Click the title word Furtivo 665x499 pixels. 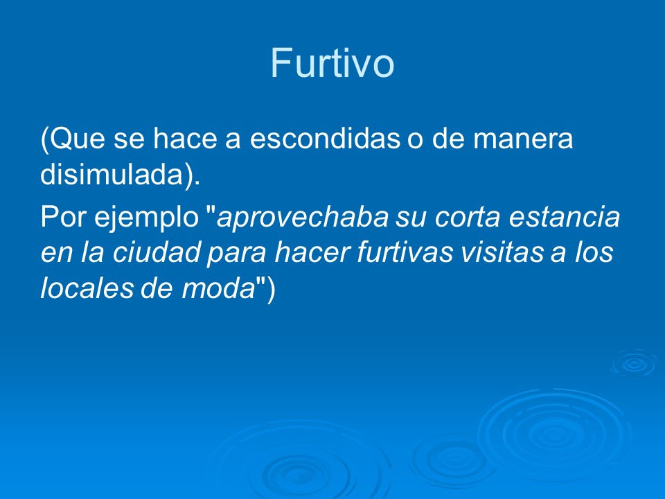(x=332, y=64)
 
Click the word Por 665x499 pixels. (x=59, y=218)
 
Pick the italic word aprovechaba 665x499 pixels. (x=303, y=218)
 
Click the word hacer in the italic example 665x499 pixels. (x=311, y=253)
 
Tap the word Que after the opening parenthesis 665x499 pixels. (x=73, y=141)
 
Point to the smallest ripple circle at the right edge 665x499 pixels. (x=633, y=362)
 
